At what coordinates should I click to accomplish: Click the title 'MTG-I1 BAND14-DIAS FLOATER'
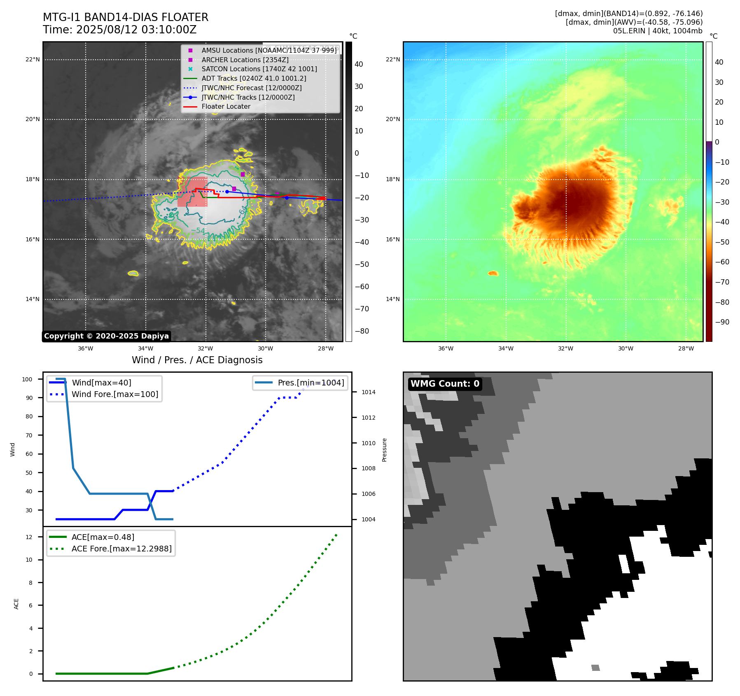pos(126,17)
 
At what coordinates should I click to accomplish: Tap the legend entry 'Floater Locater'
pos(226,107)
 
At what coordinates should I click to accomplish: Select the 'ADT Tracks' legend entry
pos(254,78)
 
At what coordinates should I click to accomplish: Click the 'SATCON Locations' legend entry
pos(259,69)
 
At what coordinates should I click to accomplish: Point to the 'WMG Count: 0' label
pos(445,384)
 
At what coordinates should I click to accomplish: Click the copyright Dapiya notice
pos(106,336)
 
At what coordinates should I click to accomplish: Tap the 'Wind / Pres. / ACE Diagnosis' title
pos(197,360)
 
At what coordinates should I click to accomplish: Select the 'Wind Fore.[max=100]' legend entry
pos(115,394)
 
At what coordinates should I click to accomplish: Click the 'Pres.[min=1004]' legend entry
pos(310,383)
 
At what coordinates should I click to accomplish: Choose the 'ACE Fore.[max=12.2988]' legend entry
pos(121,549)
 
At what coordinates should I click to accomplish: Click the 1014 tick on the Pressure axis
pos(368,392)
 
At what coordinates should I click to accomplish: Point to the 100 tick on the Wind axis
pos(27,379)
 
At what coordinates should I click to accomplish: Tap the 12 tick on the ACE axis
pos(29,537)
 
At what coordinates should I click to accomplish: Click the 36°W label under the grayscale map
pos(85,349)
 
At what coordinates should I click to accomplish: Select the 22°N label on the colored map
pos(392,60)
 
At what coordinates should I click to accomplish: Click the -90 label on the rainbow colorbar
pos(722,322)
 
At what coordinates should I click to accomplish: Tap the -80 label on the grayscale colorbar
pos(362,331)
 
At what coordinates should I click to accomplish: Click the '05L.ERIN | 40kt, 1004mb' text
pos(658,31)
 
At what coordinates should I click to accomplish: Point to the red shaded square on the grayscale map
pos(192,192)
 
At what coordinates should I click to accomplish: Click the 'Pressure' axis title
pos(384,450)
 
